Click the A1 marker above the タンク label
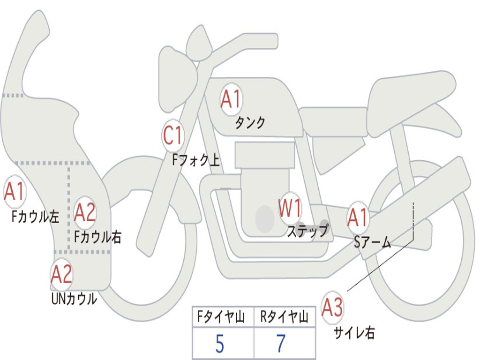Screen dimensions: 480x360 pyautogui.click(x=231, y=99)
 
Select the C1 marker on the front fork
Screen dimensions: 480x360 pyautogui.click(x=172, y=136)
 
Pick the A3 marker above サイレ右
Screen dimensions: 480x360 pyautogui.click(x=332, y=307)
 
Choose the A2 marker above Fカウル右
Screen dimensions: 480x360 pyautogui.click(x=85, y=213)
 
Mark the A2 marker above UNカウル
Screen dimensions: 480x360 pyautogui.click(x=62, y=274)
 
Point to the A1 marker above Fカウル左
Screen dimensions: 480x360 pyautogui.click(x=14, y=192)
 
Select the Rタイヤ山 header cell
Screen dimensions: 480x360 pyautogui.click(x=284, y=317)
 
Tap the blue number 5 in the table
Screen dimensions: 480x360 pyautogui.click(x=219, y=345)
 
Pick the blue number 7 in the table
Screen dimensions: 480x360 pyautogui.click(x=281, y=345)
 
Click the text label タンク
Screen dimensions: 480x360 pyautogui.click(x=250, y=123)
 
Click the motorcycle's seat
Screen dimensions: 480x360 pyautogui.click(x=412, y=94)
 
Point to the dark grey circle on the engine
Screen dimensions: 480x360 pyautogui.click(x=265, y=218)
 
